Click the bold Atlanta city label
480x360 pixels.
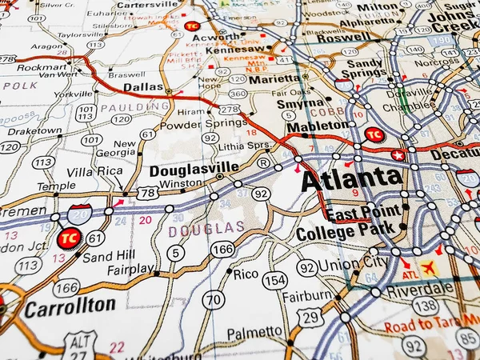pyautogui.click(x=351, y=178)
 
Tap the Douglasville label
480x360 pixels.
pyautogui.click(x=194, y=167)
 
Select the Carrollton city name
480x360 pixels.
pyautogui.click(x=69, y=306)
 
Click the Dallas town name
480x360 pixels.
pyautogui.click(x=144, y=86)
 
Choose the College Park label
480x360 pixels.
pyautogui.click(x=345, y=234)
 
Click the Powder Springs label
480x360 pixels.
pyautogui.click(x=192, y=125)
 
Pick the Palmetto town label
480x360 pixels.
pyautogui.click(x=254, y=333)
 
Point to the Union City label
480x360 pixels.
pyautogui.click(x=353, y=263)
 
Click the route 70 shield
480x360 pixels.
pyautogui.click(x=213, y=300)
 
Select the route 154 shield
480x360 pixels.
pyautogui.click(x=275, y=280)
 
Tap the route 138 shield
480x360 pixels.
pyautogui.click(x=426, y=305)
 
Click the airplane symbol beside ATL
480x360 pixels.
pyautogui.click(x=430, y=268)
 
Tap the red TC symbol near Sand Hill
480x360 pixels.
pyautogui.click(x=70, y=238)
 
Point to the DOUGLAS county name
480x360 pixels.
pyautogui.click(x=206, y=228)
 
